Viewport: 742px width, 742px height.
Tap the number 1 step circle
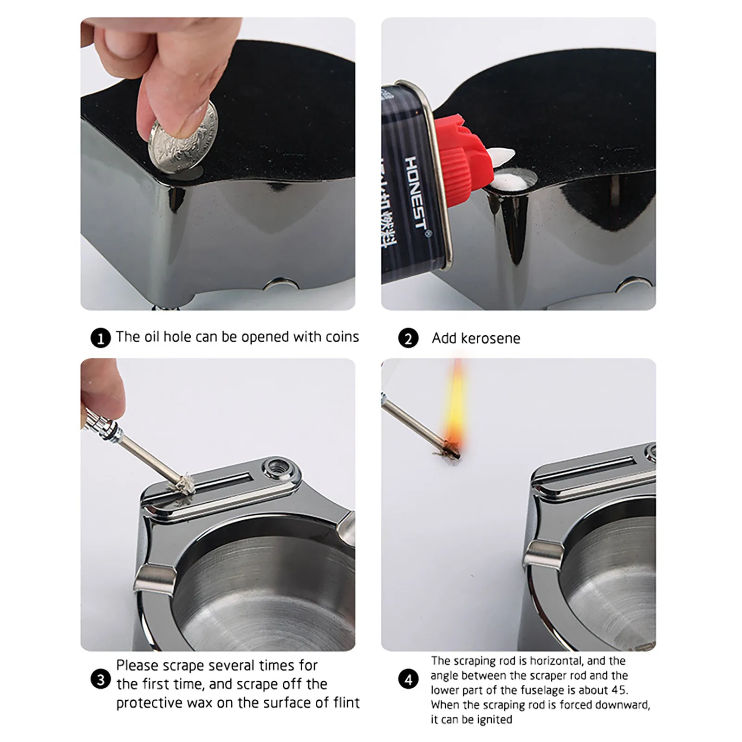pos(100,338)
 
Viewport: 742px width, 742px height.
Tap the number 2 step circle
pos(408,339)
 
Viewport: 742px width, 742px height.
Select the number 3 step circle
pos(100,680)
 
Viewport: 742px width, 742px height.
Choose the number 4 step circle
pos(408,680)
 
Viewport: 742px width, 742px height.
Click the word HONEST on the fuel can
pos(415,192)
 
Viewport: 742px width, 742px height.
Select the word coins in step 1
pos(342,337)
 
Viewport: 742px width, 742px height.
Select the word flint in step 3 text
pos(346,703)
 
